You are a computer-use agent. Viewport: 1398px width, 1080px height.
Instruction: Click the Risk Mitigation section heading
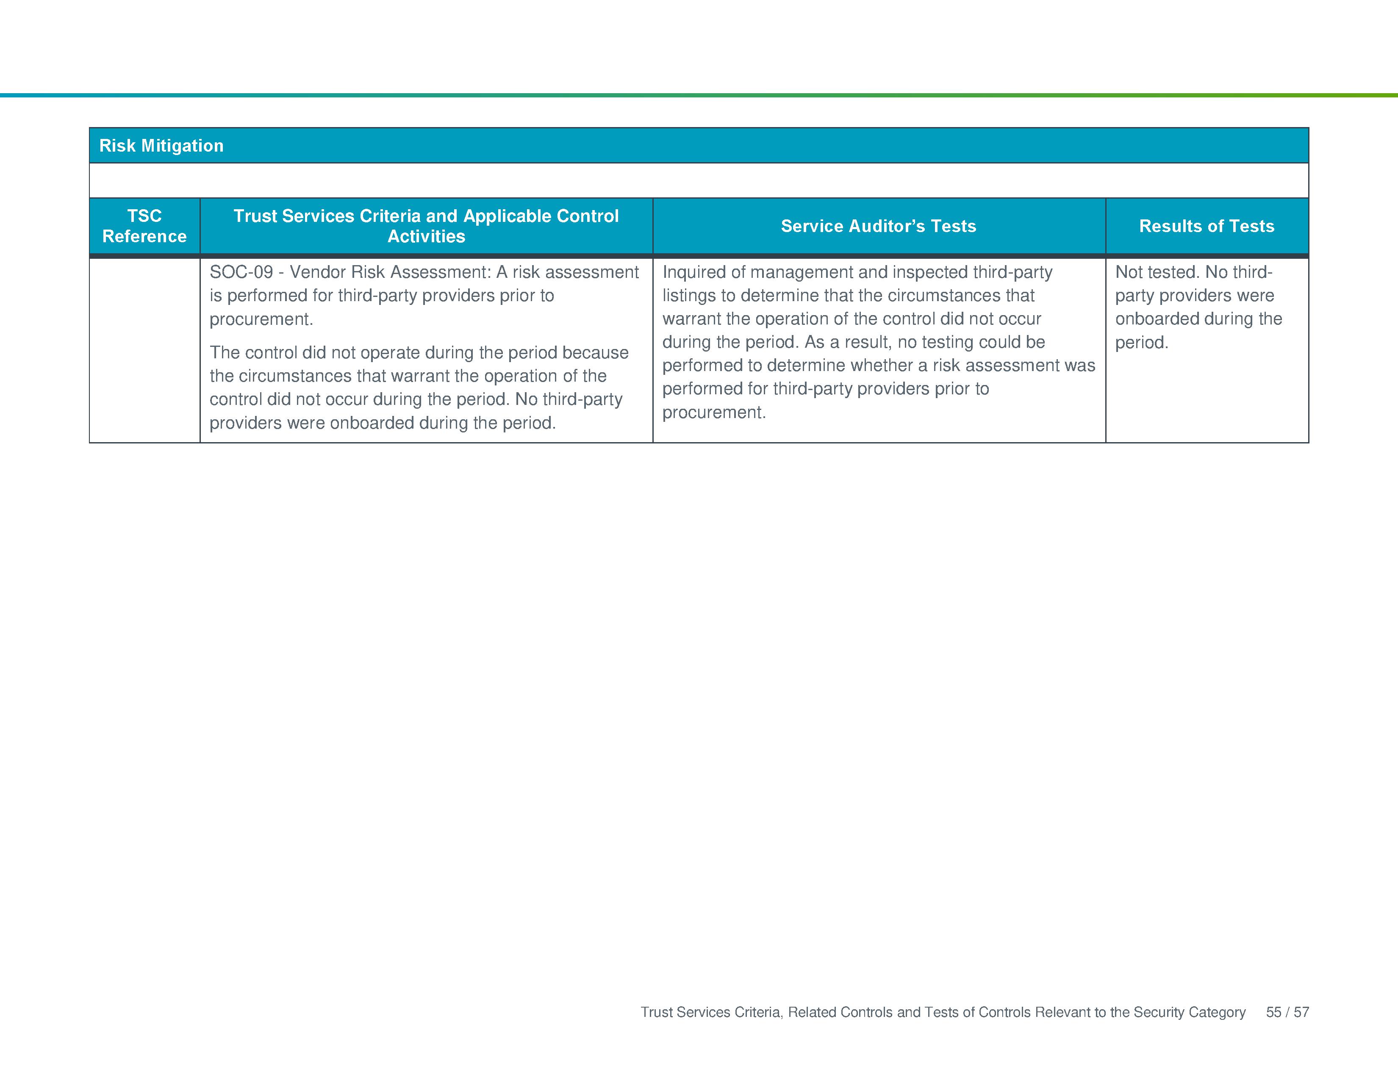(161, 146)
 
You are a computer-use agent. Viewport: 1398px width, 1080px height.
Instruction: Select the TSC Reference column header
(144, 226)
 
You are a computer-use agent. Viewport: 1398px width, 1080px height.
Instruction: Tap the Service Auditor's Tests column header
(878, 226)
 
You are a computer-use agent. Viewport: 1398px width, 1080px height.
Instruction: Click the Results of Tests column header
(1207, 226)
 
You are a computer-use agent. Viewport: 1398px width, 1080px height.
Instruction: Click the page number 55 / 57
(1287, 1012)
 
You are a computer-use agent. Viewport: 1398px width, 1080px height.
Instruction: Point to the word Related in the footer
(812, 1012)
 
